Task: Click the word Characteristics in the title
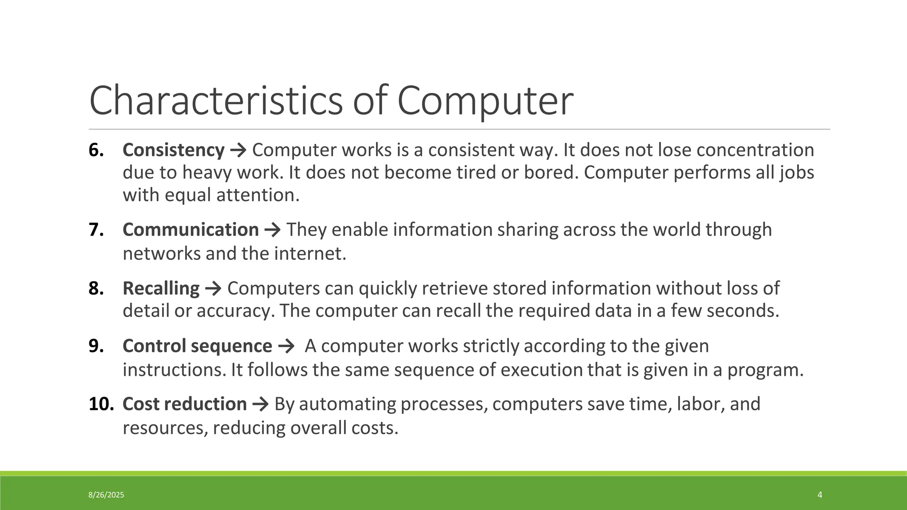coord(216,101)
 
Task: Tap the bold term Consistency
coord(173,150)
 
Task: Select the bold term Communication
coord(190,230)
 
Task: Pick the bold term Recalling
coord(161,288)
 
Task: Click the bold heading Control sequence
coord(197,346)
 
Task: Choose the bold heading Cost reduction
coord(184,404)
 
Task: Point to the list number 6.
coord(96,150)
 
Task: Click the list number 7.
coord(96,230)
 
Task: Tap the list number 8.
coord(96,288)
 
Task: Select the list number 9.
coord(96,346)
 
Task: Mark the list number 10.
coord(101,404)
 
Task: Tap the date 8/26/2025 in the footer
coord(106,495)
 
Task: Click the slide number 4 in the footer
coord(820,495)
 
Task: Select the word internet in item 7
coord(310,254)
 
